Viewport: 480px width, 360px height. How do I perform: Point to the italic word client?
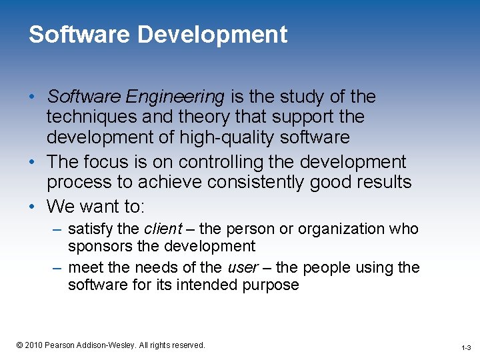coord(163,229)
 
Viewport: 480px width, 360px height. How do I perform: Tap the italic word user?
coord(243,267)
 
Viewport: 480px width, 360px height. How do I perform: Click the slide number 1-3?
coord(465,347)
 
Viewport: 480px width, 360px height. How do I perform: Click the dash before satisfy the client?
coord(57,229)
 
